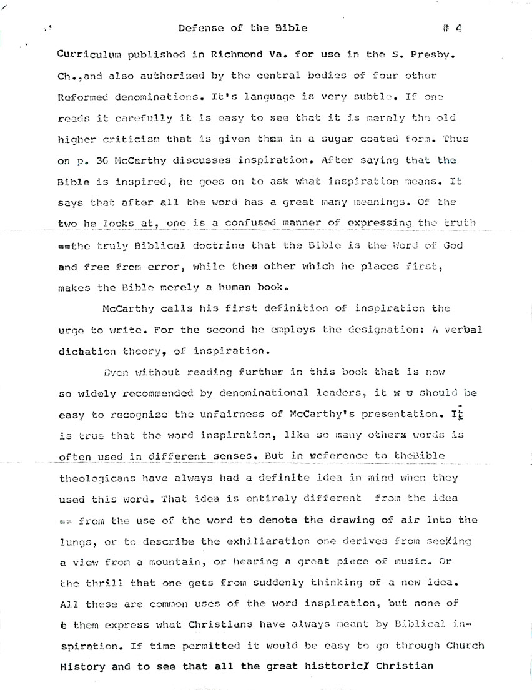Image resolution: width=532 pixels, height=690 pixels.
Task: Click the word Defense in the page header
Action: (199, 28)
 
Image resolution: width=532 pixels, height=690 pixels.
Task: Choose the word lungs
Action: (74, 541)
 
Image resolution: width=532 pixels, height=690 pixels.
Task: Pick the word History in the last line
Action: (82, 666)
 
